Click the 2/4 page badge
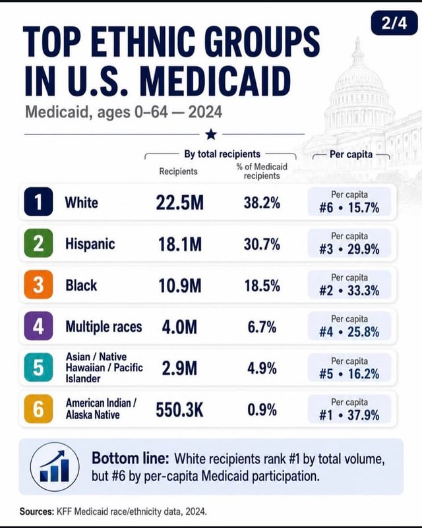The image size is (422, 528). pos(394,23)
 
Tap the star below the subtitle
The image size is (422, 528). pos(211,134)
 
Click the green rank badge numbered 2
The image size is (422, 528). pos(38,243)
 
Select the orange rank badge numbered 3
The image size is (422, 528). pos(38,285)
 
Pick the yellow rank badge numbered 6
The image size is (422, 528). pos(38,409)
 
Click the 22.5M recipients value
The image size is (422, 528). pos(180,203)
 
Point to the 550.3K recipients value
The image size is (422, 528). pos(179,410)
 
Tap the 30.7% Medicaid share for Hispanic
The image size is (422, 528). pos(262,245)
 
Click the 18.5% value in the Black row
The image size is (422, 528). pos(262,286)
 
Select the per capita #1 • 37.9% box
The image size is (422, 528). pos(349,409)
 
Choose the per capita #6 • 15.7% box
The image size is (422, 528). pos(349,202)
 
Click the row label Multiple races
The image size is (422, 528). pos(104,327)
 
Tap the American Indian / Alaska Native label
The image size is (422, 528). pos(101,409)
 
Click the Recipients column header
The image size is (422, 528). pos(179,171)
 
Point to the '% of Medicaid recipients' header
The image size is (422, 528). pos(262,171)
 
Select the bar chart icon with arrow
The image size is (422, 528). pos(55,467)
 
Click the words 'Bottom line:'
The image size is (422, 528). pos(131,459)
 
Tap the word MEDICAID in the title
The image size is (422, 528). pos(216,82)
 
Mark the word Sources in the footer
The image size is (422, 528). pos(37,512)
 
